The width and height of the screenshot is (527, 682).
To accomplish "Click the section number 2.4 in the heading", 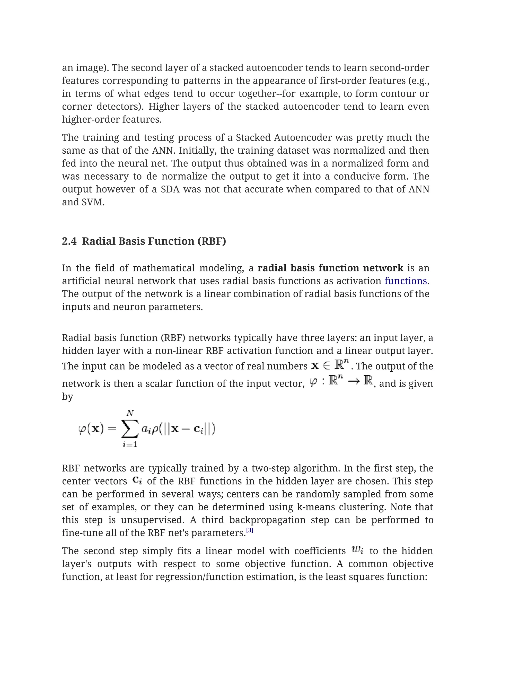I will point(69,241).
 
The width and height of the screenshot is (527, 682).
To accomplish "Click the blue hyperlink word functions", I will point(405,281).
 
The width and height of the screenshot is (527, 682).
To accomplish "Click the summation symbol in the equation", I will point(130,429).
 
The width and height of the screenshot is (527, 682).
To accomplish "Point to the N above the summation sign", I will point(130,413).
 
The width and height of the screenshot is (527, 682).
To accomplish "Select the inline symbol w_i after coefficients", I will point(357,550).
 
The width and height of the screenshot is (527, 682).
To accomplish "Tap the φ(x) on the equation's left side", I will point(91,429).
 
